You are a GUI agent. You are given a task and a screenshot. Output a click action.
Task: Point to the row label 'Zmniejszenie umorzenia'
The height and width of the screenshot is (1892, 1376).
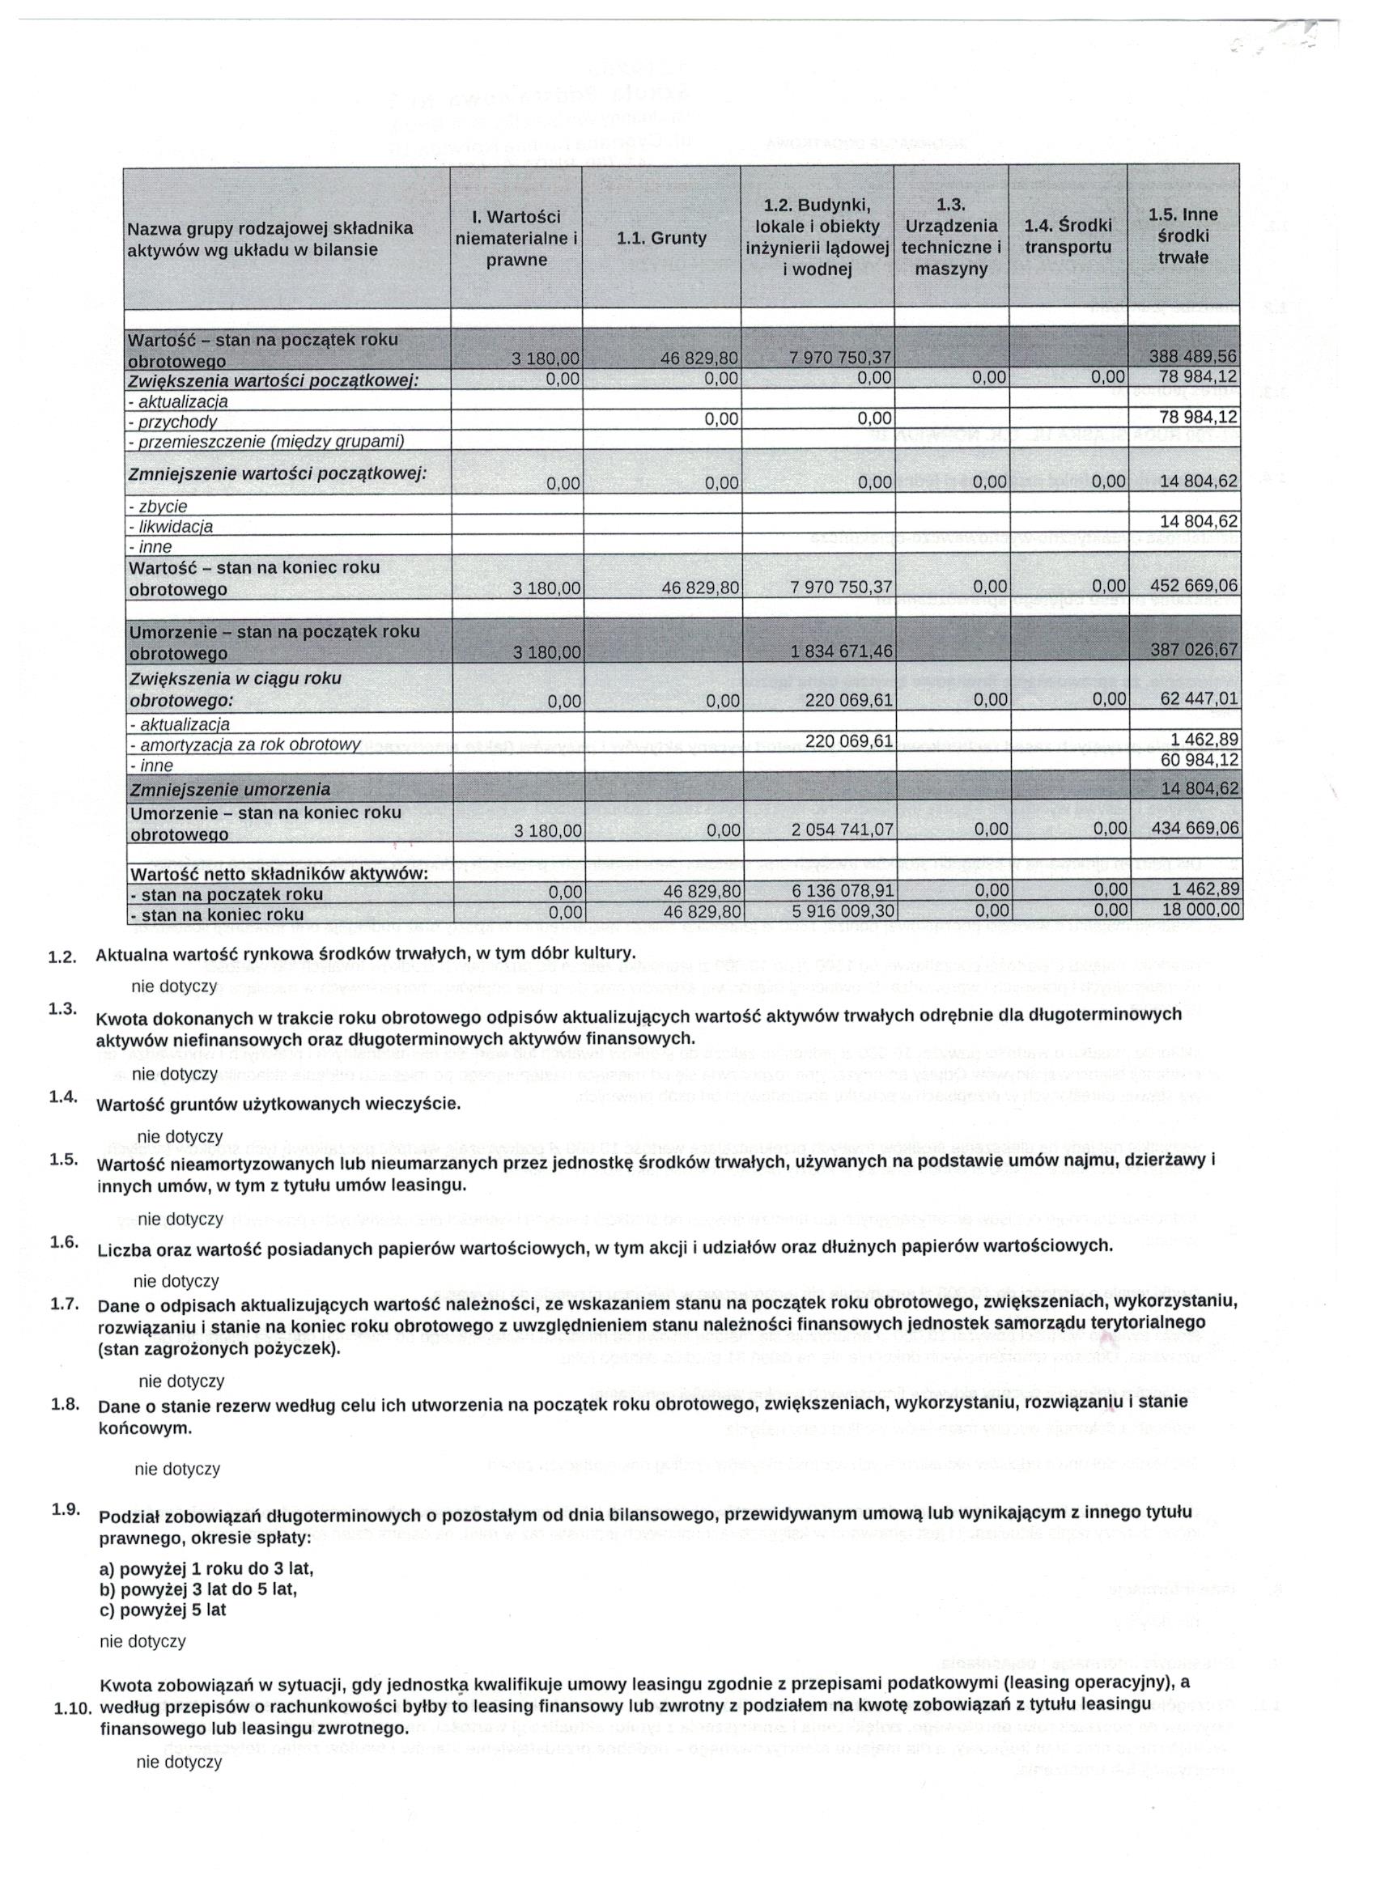coord(228,788)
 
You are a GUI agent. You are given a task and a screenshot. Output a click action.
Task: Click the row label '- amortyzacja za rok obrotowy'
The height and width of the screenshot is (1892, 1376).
coord(244,744)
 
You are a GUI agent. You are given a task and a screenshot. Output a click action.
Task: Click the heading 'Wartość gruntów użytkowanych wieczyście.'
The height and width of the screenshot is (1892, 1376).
coord(278,1105)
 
